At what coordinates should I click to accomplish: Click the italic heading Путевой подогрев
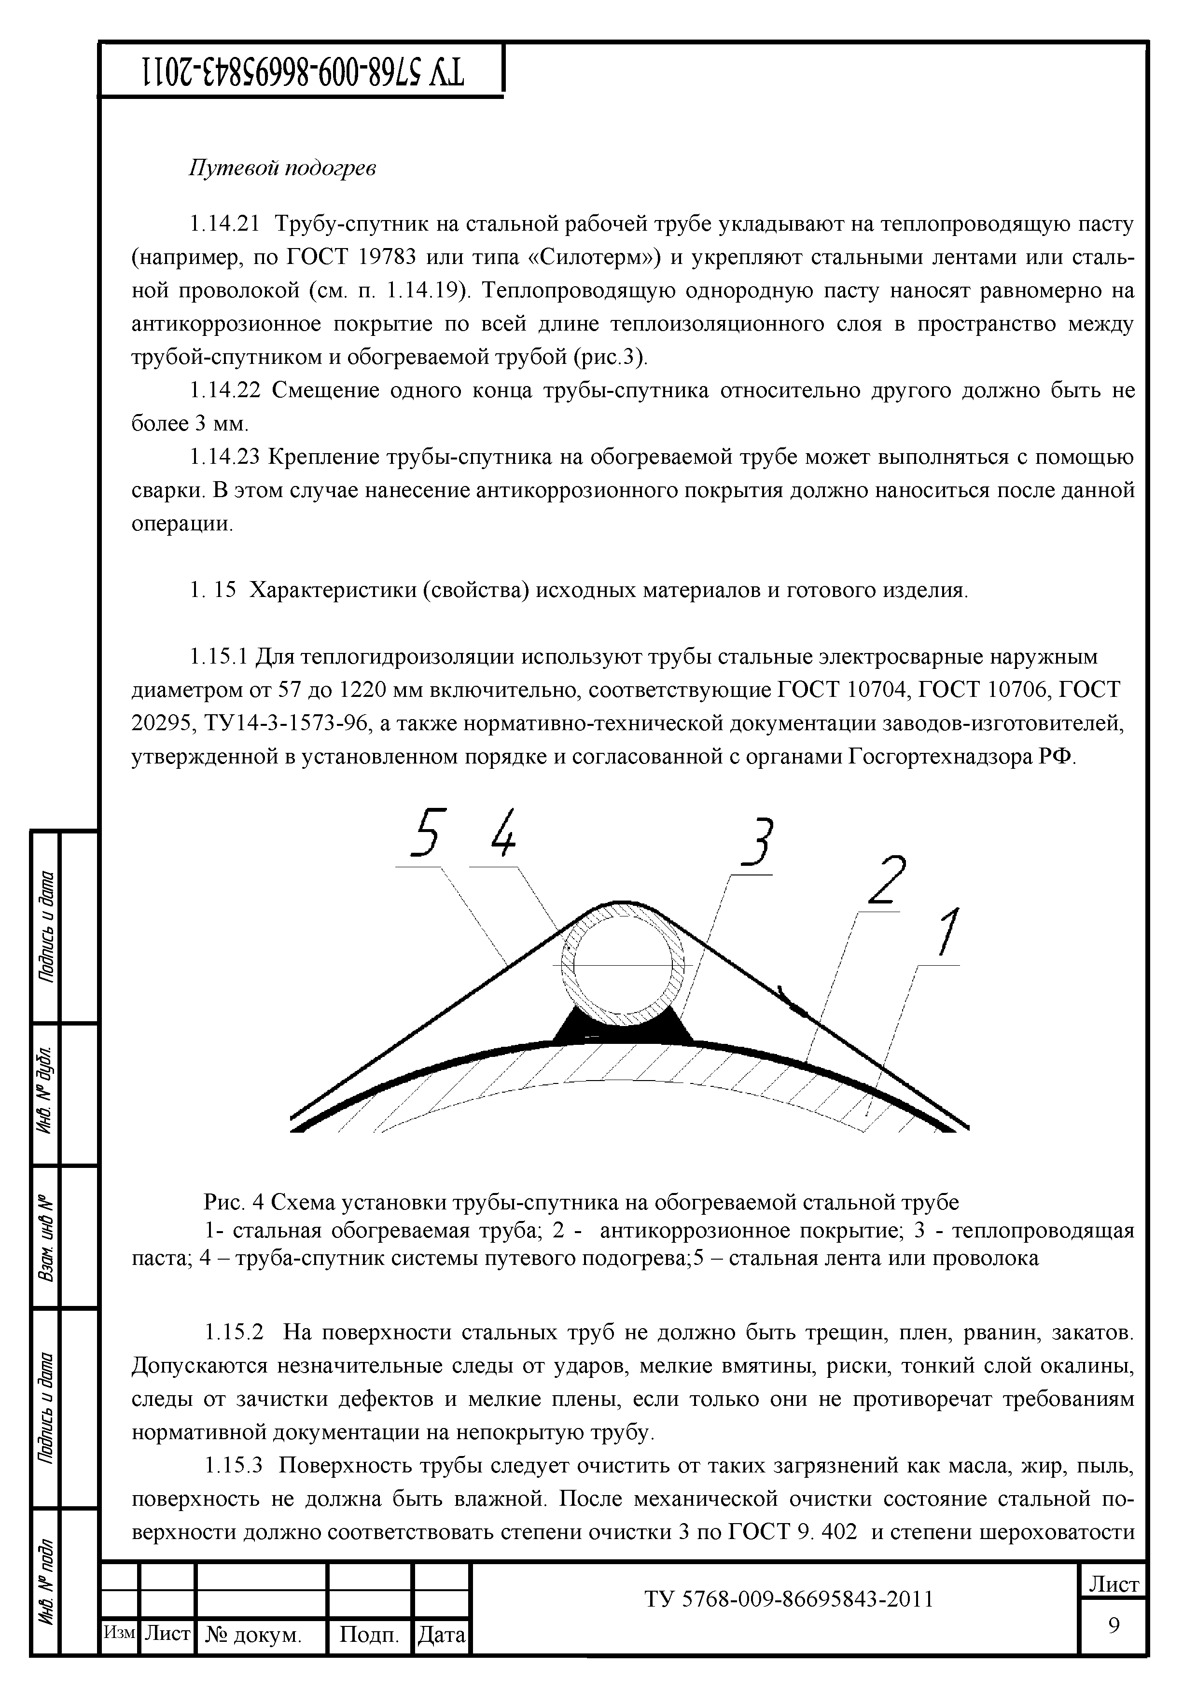[x=282, y=168]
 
